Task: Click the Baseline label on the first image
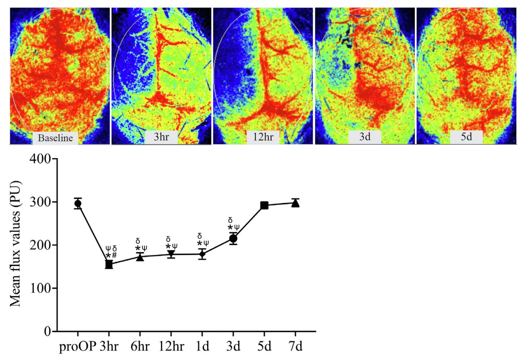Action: (x=55, y=138)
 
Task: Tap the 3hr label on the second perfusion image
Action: (x=161, y=137)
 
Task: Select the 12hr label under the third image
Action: (x=263, y=137)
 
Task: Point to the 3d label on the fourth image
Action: (x=365, y=137)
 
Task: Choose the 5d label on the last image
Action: (x=466, y=137)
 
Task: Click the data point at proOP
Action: (x=78, y=204)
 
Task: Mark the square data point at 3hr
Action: (x=109, y=265)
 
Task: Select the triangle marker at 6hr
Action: (x=140, y=257)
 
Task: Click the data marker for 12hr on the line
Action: (x=171, y=254)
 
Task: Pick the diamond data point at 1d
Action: (x=202, y=254)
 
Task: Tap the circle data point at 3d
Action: (x=233, y=239)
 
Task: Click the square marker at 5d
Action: (x=264, y=205)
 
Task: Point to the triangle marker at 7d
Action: (x=296, y=203)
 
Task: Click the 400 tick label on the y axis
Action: (x=40, y=159)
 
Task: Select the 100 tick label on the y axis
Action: (x=40, y=288)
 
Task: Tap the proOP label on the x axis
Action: (x=77, y=346)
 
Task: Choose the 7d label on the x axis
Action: (x=296, y=346)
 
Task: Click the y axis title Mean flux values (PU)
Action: (x=15, y=244)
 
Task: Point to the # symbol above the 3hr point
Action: (x=114, y=255)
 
